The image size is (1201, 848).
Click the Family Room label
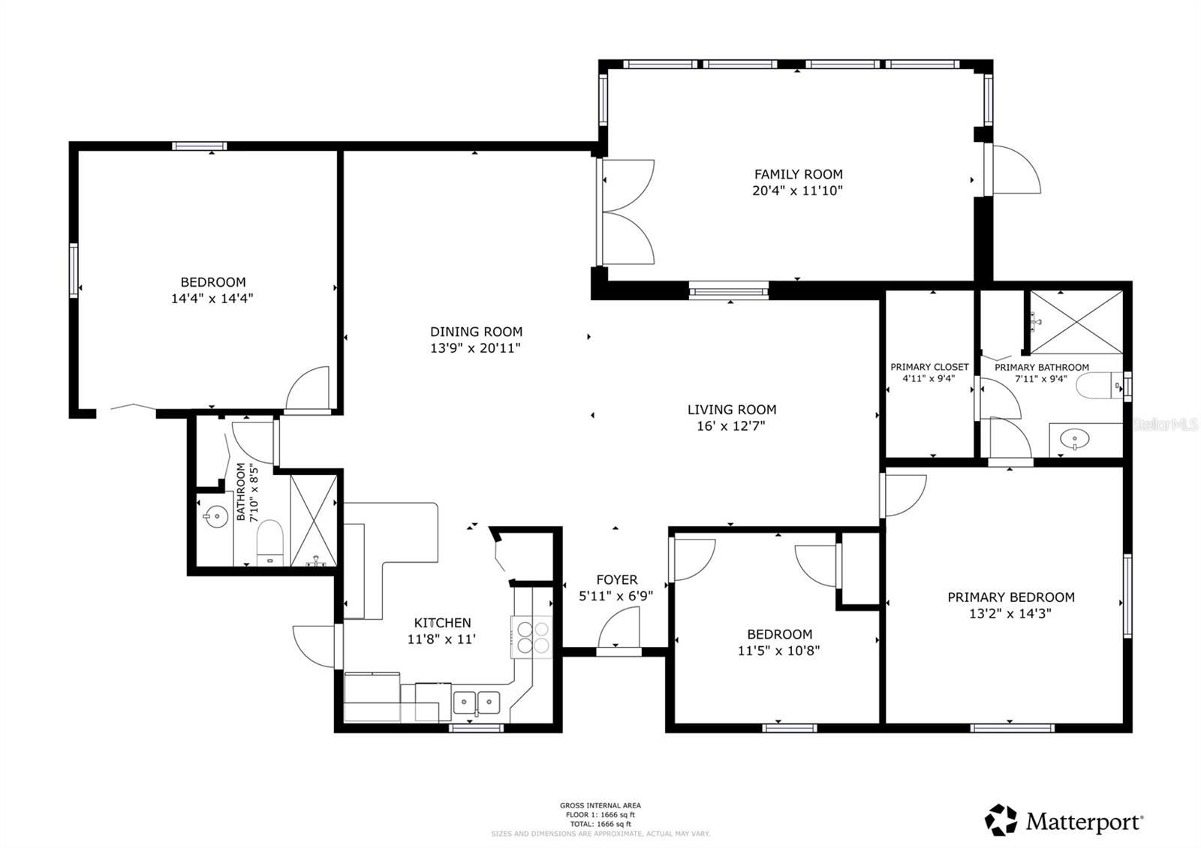pyautogui.click(x=798, y=174)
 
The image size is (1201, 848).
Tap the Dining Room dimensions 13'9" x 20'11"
pyautogui.click(x=475, y=348)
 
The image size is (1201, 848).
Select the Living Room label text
pyautogui.click(x=731, y=410)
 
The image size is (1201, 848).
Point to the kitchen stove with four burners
pyautogui.click(x=531, y=637)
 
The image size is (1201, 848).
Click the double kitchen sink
pyautogui.click(x=477, y=702)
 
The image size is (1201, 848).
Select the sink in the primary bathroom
pyautogui.click(x=1076, y=438)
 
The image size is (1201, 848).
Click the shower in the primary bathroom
pyautogui.click(x=1076, y=321)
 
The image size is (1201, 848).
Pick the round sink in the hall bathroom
pyautogui.click(x=216, y=516)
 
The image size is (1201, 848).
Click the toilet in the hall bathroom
pyautogui.click(x=269, y=541)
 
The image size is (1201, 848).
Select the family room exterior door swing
pyautogui.click(x=1016, y=170)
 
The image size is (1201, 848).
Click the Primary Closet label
pyautogui.click(x=929, y=367)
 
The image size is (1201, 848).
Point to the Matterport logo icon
pyautogui.click(x=1001, y=819)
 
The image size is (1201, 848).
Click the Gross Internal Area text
pyautogui.click(x=600, y=805)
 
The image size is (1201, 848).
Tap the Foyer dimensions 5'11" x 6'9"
pyautogui.click(x=616, y=597)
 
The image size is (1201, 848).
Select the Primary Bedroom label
pyautogui.click(x=1010, y=597)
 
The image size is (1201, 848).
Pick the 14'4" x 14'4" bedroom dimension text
pyautogui.click(x=212, y=299)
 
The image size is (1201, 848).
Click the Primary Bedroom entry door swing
pyautogui.click(x=905, y=495)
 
